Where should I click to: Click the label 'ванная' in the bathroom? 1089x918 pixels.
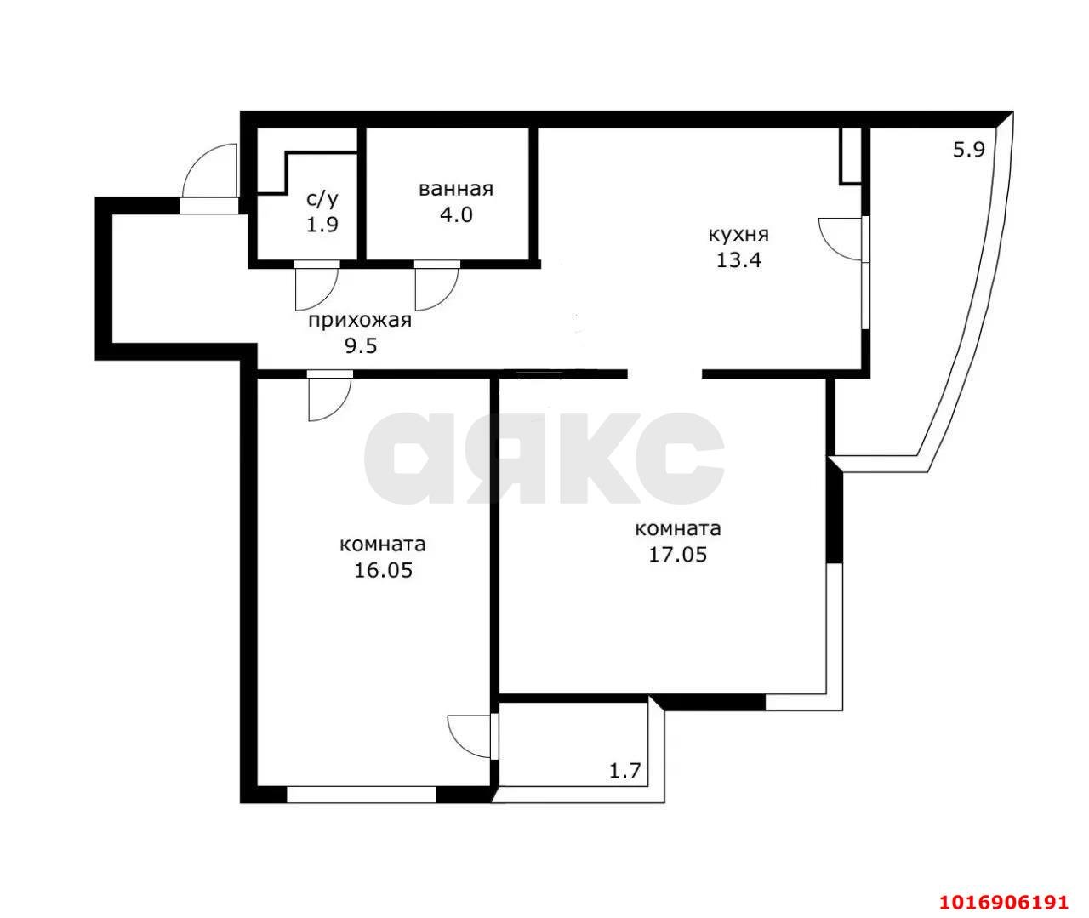[x=455, y=189]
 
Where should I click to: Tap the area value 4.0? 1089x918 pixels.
[x=456, y=214]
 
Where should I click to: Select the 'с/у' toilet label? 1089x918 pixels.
[x=322, y=199]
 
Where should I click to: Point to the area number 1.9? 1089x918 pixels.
[x=322, y=225]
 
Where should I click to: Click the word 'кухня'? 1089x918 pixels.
[x=738, y=235]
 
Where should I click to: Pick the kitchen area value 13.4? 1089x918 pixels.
[x=738, y=259]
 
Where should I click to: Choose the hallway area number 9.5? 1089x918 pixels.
[x=361, y=345]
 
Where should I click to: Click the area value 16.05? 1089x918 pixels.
[x=384, y=570]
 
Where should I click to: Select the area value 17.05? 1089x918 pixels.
[x=677, y=554]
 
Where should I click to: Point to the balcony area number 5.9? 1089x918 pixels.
[x=969, y=150]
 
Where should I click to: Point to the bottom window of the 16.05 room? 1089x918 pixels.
[x=361, y=795]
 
